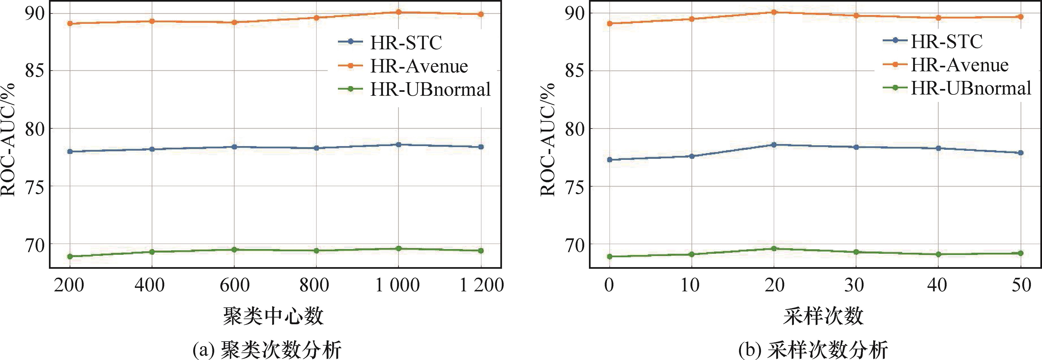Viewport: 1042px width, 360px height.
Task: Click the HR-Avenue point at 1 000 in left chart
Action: (398, 12)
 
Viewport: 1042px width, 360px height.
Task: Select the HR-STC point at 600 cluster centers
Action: (234, 147)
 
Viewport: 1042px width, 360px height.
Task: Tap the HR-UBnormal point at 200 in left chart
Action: (70, 256)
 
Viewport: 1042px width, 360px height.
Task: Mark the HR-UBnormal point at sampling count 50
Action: (1021, 253)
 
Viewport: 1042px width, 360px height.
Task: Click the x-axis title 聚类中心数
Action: (273, 316)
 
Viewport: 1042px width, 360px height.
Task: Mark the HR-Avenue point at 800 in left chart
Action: (316, 17)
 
